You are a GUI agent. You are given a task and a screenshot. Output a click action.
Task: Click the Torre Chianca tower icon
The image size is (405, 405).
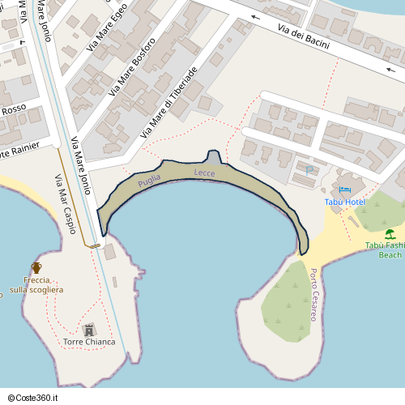pos(89,329)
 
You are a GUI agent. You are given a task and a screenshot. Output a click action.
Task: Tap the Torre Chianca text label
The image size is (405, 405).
pos(89,342)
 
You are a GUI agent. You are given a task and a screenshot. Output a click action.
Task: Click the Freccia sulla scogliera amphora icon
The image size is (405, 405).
pos(36,267)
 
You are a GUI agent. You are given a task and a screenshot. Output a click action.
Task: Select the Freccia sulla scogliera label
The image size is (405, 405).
pos(36,284)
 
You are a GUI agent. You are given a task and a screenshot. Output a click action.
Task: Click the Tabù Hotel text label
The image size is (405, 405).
pos(344,201)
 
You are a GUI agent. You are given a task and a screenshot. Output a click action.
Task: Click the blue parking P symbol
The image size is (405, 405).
pos(309,170)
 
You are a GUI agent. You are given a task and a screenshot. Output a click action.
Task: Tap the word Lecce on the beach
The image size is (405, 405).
pos(205,173)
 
